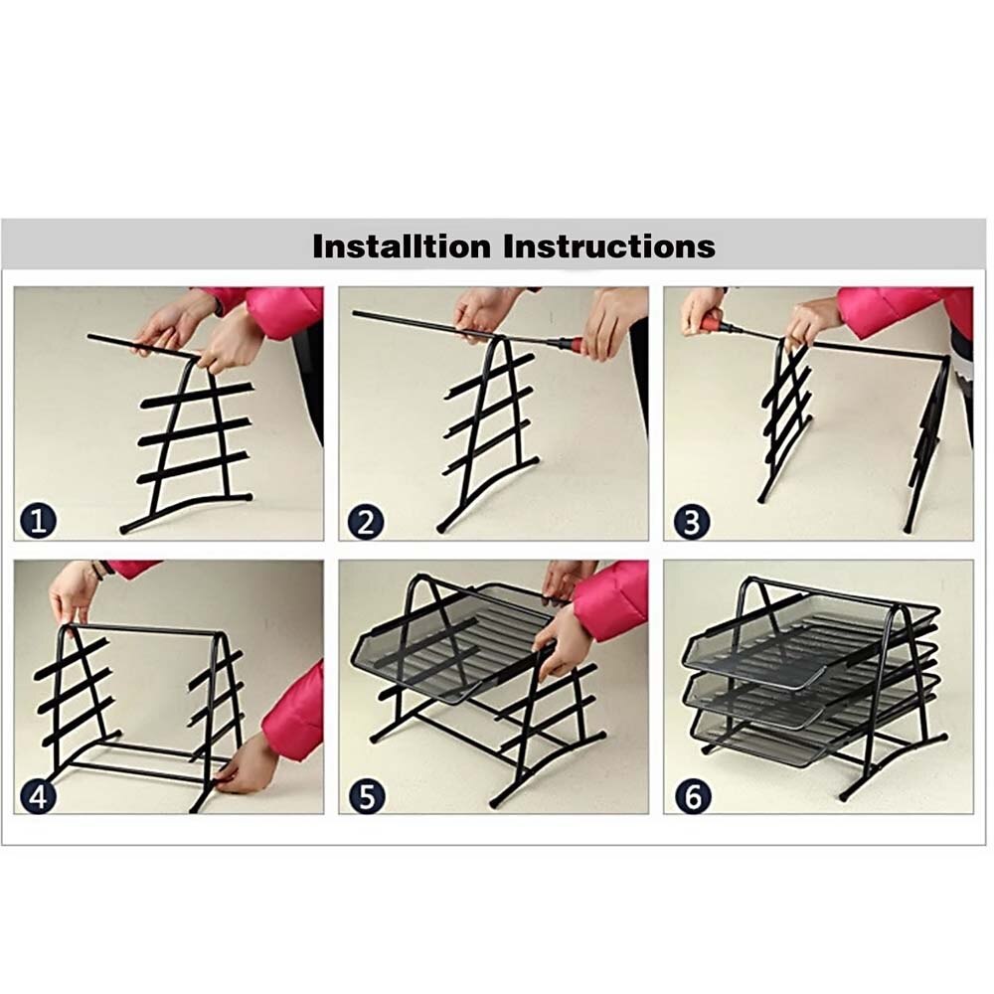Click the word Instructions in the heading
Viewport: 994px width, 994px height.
click(x=609, y=246)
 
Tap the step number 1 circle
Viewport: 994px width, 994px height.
click(x=38, y=521)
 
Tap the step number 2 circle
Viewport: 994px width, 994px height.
click(x=364, y=521)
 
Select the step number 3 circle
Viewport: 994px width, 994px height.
click(x=691, y=521)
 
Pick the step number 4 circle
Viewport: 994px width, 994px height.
click(x=38, y=795)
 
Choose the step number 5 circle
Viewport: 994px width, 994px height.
click(x=364, y=795)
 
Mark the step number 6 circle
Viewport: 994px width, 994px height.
click(x=691, y=795)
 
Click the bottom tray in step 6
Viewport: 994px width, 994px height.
click(x=785, y=741)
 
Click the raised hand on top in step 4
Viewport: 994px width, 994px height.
click(x=75, y=596)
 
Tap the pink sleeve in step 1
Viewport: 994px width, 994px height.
click(x=283, y=310)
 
